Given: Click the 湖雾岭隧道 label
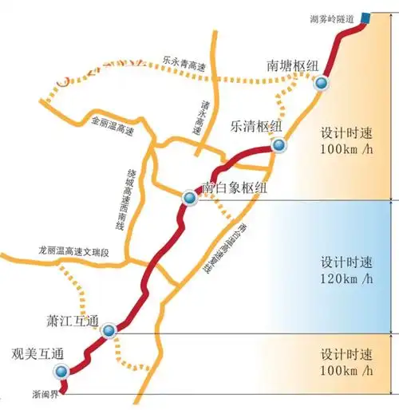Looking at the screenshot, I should click(331, 18).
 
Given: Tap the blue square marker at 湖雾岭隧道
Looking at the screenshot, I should click(365, 18).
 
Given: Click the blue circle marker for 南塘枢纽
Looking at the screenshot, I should click(322, 84).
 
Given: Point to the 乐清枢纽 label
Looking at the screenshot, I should click(256, 125).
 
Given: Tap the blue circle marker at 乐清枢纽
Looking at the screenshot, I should click(279, 145).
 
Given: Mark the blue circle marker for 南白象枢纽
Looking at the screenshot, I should click(189, 197).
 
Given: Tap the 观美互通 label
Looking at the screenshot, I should click(37, 353).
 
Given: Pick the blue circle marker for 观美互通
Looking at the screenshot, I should click(61, 372).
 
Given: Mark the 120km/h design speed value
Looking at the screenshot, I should click(346, 278).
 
